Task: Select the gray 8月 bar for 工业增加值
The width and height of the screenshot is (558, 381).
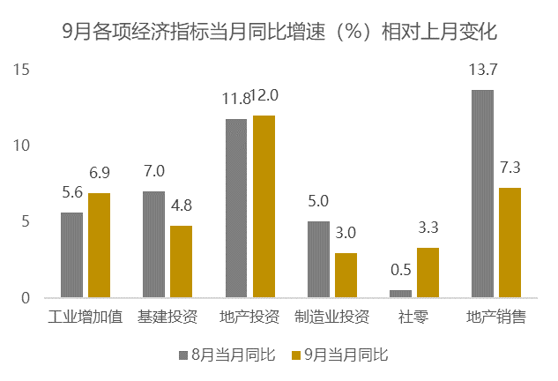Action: pos(71,255)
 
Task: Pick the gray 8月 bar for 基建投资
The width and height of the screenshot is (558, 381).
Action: pos(153,244)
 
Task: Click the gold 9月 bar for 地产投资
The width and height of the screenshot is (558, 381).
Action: pos(264,206)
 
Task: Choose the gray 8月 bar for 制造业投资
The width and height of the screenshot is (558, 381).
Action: pos(318,259)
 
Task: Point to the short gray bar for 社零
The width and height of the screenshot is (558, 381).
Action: pos(400,294)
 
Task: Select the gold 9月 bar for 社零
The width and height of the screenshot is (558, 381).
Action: pos(428,273)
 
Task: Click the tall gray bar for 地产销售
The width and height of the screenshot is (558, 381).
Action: pos(482,194)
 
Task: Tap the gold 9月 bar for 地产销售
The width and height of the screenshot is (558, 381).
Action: pos(510,243)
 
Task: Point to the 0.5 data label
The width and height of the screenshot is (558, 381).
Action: pos(400,270)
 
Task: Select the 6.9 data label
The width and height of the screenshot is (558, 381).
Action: pos(100,173)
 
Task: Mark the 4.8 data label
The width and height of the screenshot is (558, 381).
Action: pos(182,205)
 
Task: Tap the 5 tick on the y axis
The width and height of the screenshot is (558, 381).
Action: pos(26,222)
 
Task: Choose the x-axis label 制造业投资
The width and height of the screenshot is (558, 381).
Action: pos(331,317)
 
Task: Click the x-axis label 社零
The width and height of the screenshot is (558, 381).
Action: pos(413,317)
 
